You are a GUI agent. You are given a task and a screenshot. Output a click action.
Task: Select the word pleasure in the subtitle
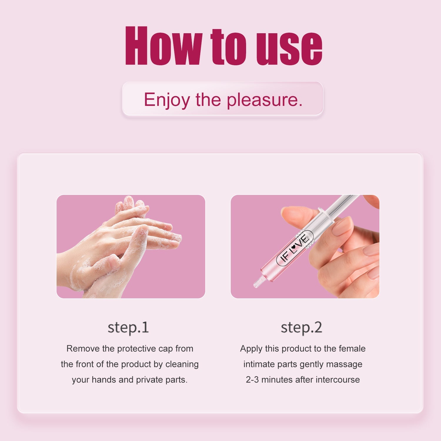click(264, 100)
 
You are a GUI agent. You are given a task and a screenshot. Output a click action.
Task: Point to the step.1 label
click(128, 328)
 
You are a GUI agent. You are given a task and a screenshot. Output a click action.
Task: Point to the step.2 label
click(301, 328)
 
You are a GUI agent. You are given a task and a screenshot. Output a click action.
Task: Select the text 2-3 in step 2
click(252, 380)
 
